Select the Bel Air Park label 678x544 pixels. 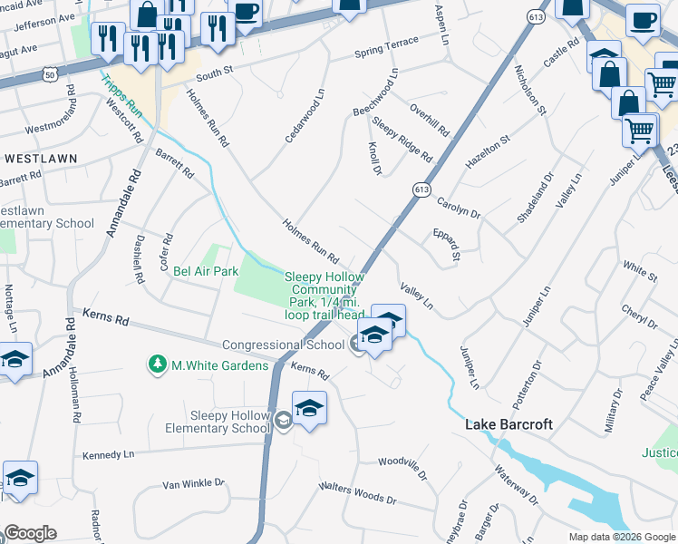206,270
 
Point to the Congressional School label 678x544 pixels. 283,345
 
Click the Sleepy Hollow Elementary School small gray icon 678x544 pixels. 284,419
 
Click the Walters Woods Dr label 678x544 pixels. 357,493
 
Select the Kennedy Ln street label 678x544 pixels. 108,453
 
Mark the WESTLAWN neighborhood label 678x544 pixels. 41,158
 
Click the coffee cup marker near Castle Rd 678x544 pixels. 642,19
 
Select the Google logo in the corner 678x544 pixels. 29,533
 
